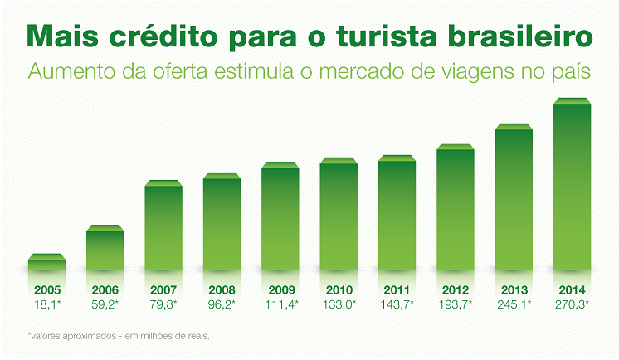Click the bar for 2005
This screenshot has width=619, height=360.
point(46,263)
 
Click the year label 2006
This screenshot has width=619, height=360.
point(105,290)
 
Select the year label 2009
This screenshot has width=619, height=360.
point(280,290)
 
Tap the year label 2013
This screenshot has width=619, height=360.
point(514,290)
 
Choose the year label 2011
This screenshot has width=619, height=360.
point(397,290)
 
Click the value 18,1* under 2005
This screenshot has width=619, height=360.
point(47,304)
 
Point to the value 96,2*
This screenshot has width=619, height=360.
point(222,304)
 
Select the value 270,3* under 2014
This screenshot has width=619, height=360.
point(572,304)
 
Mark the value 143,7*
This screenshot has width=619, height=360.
point(397,304)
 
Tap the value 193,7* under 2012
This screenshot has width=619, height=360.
point(456,304)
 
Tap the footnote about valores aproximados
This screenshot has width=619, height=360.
point(119,336)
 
